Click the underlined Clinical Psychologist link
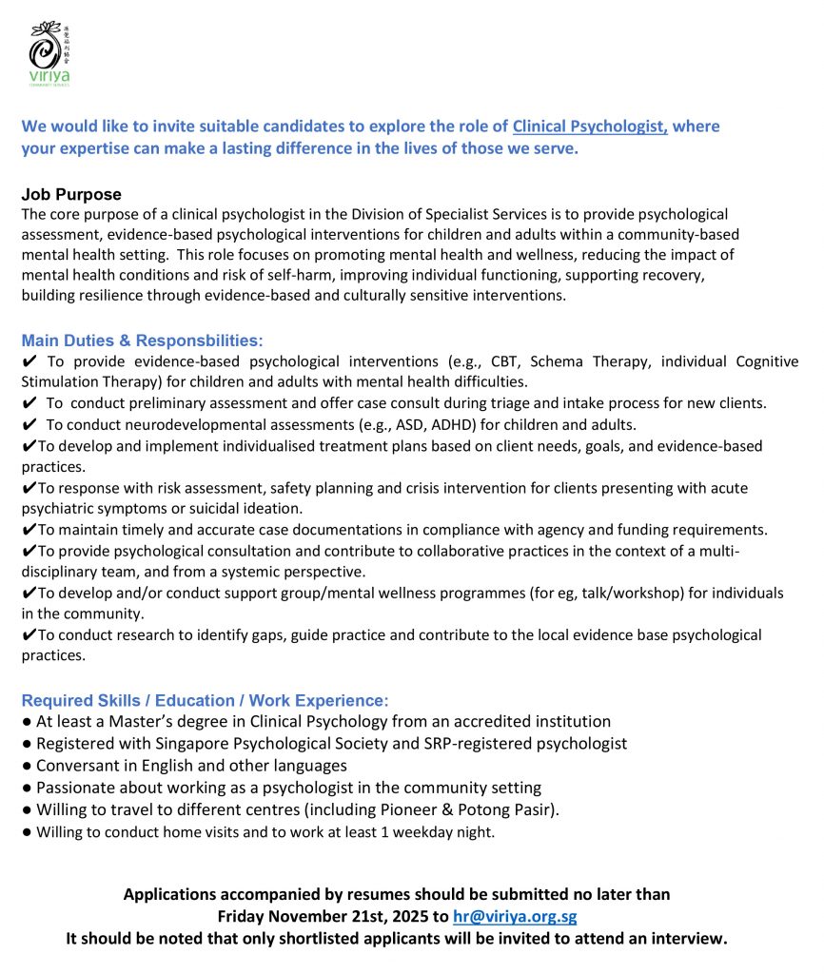pos(590,127)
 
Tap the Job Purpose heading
pos(71,195)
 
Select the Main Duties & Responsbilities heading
pos(142,341)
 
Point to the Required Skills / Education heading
pos(205,700)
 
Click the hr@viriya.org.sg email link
pos(515,917)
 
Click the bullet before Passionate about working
pos(28,788)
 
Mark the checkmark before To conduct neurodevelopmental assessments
pos(29,424)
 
